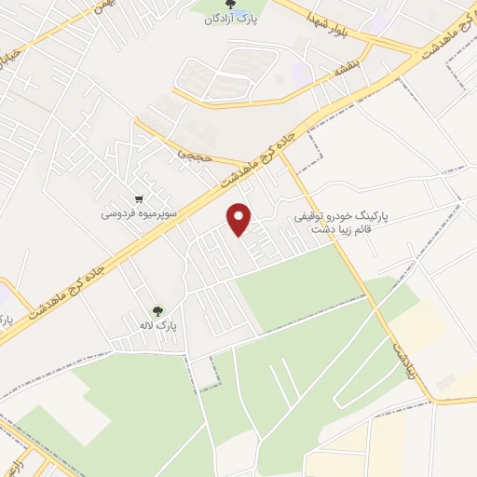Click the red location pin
240,219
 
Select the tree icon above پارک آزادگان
231,6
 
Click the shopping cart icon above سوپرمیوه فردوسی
139,198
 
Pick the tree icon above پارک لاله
157,311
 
